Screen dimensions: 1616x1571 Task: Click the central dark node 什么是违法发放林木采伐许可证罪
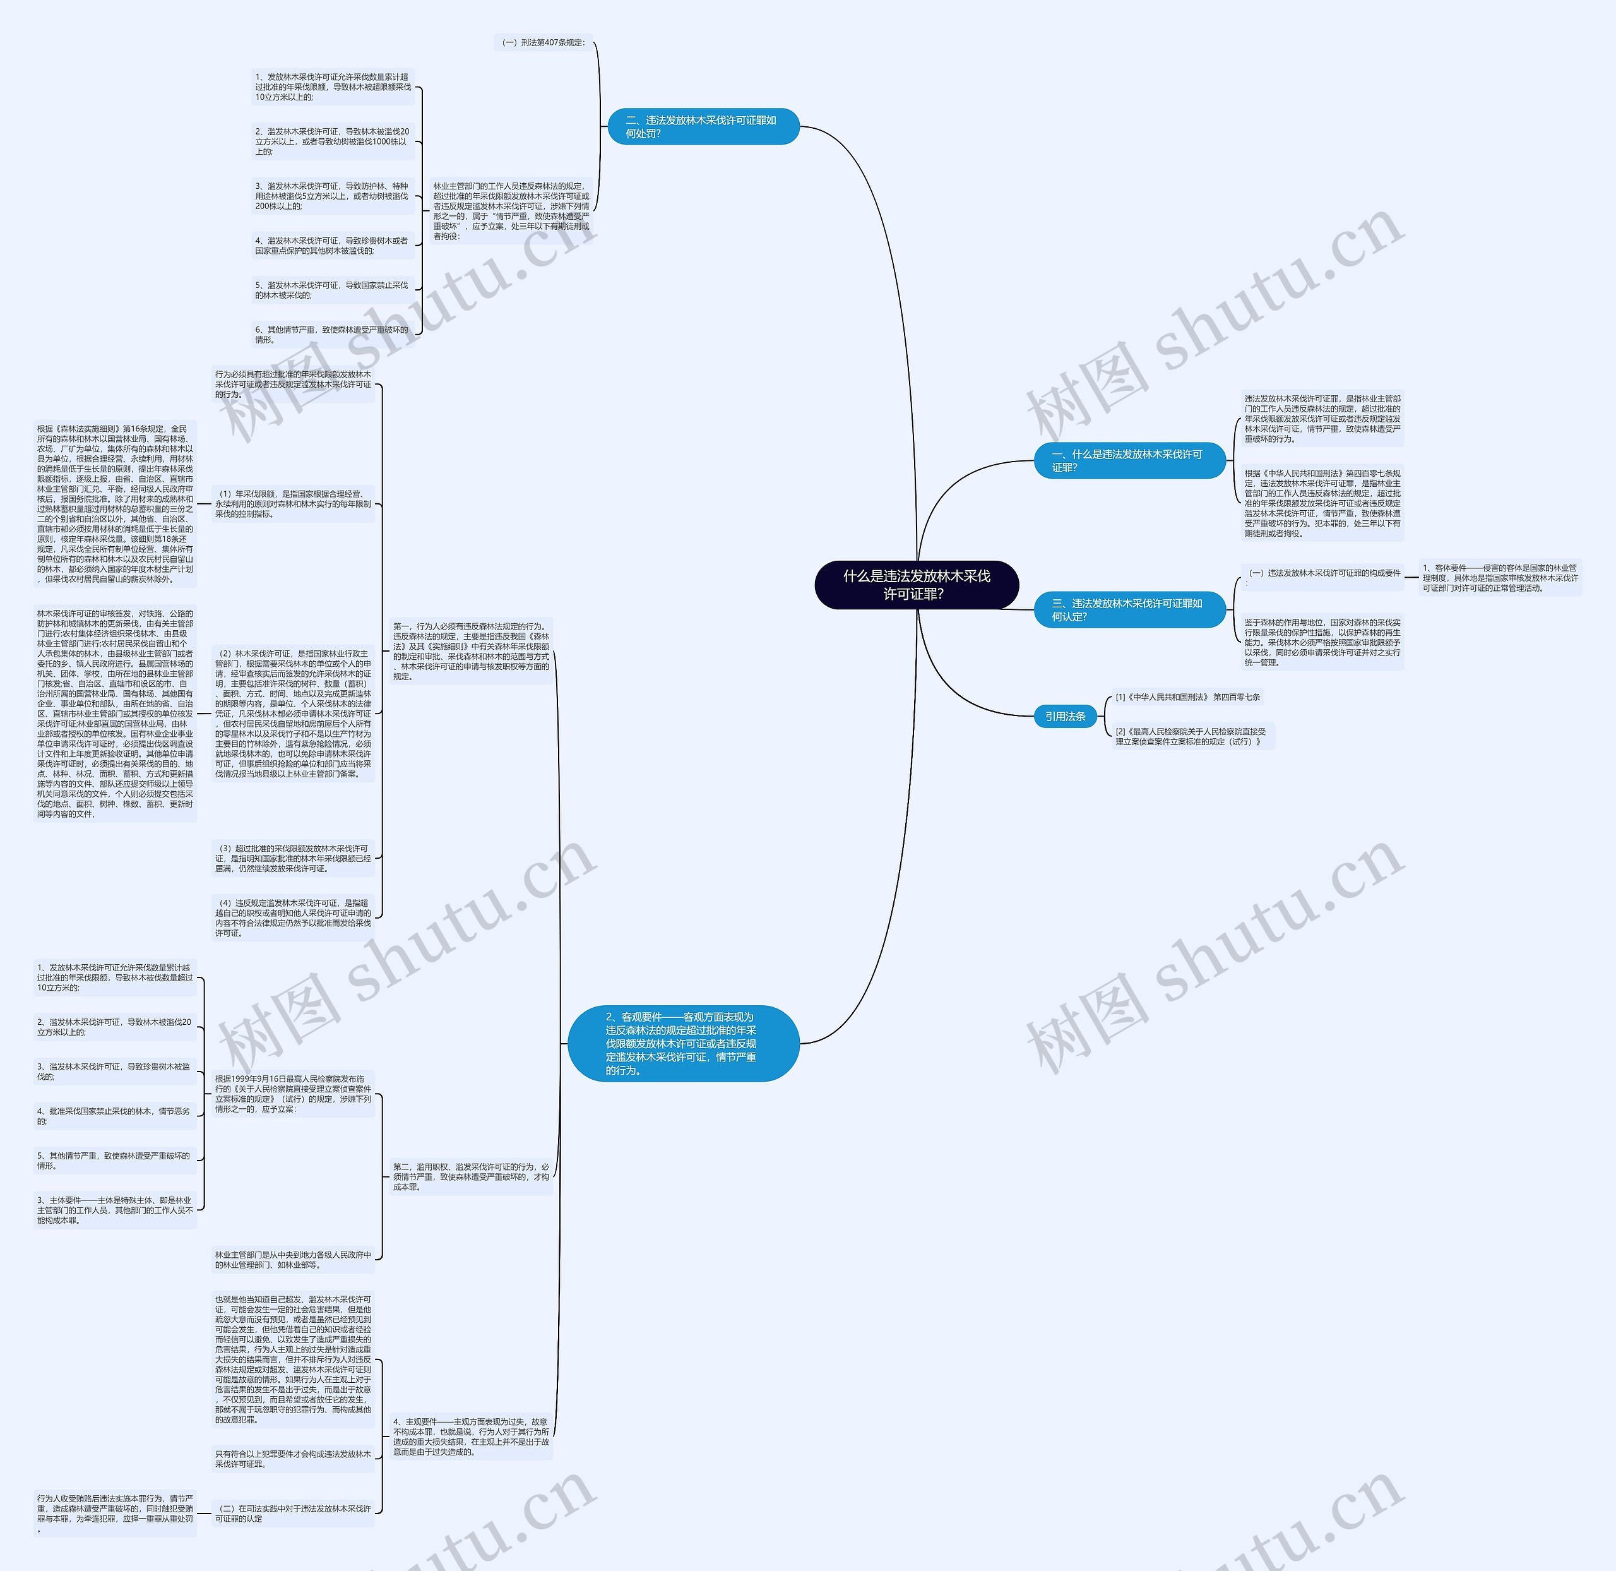tap(917, 585)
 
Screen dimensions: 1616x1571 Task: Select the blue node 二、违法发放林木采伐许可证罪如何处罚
tap(703, 126)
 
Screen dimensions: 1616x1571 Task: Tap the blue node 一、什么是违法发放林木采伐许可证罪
tap(1129, 460)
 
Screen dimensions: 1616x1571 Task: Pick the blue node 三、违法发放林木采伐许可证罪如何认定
tap(1129, 610)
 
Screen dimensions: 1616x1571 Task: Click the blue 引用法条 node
tap(1065, 716)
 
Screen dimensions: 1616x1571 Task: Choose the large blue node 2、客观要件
tap(683, 1043)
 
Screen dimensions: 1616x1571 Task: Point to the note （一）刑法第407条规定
tap(543, 42)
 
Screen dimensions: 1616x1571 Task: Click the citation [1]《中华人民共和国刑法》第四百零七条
tap(1187, 697)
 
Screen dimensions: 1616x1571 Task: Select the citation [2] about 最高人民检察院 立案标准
tap(1191, 736)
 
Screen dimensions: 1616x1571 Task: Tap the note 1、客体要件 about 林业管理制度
tap(1500, 578)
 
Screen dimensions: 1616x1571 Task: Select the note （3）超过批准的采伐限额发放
tap(293, 858)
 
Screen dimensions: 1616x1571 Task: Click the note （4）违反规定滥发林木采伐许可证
tap(293, 917)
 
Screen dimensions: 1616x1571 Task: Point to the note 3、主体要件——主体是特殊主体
tap(115, 1210)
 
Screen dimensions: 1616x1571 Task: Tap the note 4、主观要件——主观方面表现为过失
tap(471, 1437)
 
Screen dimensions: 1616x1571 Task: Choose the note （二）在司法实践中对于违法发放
tap(293, 1514)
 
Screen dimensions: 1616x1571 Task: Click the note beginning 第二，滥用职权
tap(471, 1176)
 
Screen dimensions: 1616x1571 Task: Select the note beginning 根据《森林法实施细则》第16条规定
tap(115, 503)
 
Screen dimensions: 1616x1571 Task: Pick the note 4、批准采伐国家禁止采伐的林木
tap(115, 1116)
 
